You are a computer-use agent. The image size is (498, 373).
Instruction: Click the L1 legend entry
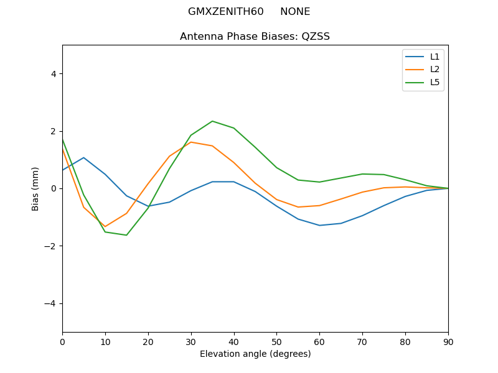pyautogui.click(x=435, y=57)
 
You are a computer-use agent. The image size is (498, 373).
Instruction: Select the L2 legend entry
pyautogui.click(x=435, y=70)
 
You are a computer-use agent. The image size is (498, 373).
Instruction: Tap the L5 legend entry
pyautogui.click(x=435, y=82)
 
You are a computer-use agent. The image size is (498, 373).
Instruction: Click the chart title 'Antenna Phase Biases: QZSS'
pyautogui.click(x=255, y=37)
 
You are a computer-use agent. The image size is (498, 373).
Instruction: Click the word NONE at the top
pyautogui.click(x=295, y=12)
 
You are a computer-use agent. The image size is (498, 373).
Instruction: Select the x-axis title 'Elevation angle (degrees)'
pyautogui.click(x=255, y=354)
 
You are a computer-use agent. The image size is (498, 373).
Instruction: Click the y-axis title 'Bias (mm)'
pyautogui.click(x=35, y=188)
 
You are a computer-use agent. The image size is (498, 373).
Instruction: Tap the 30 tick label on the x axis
pyautogui.click(x=191, y=341)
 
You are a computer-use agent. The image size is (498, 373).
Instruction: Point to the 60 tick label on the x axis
pyautogui.click(x=319, y=341)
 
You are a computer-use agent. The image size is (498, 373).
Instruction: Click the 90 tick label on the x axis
pyautogui.click(x=448, y=341)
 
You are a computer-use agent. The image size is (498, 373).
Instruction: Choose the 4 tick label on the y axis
pyautogui.click(x=54, y=74)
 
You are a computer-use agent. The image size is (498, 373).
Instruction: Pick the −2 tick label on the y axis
pyautogui.click(x=50, y=246)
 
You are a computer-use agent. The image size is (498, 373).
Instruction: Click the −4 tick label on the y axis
pyautogui.click(x=50, y=303)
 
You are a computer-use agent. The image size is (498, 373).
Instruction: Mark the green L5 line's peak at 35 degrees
pyautogui.click(x=212, y=121)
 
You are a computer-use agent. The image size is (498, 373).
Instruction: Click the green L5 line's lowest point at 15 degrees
pyautogui.click(x=126, y=235)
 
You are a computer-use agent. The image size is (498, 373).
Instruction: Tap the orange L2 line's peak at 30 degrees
pyautogui.click(x=191, y=142)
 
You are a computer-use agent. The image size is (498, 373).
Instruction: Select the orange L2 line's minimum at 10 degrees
pyautogui.click(x=105, y=226)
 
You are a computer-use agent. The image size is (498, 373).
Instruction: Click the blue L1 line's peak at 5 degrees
pyautogui.click(x=83, y=157)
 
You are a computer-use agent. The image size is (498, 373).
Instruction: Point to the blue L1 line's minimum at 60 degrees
pyautogui.click(x=319, y=225)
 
